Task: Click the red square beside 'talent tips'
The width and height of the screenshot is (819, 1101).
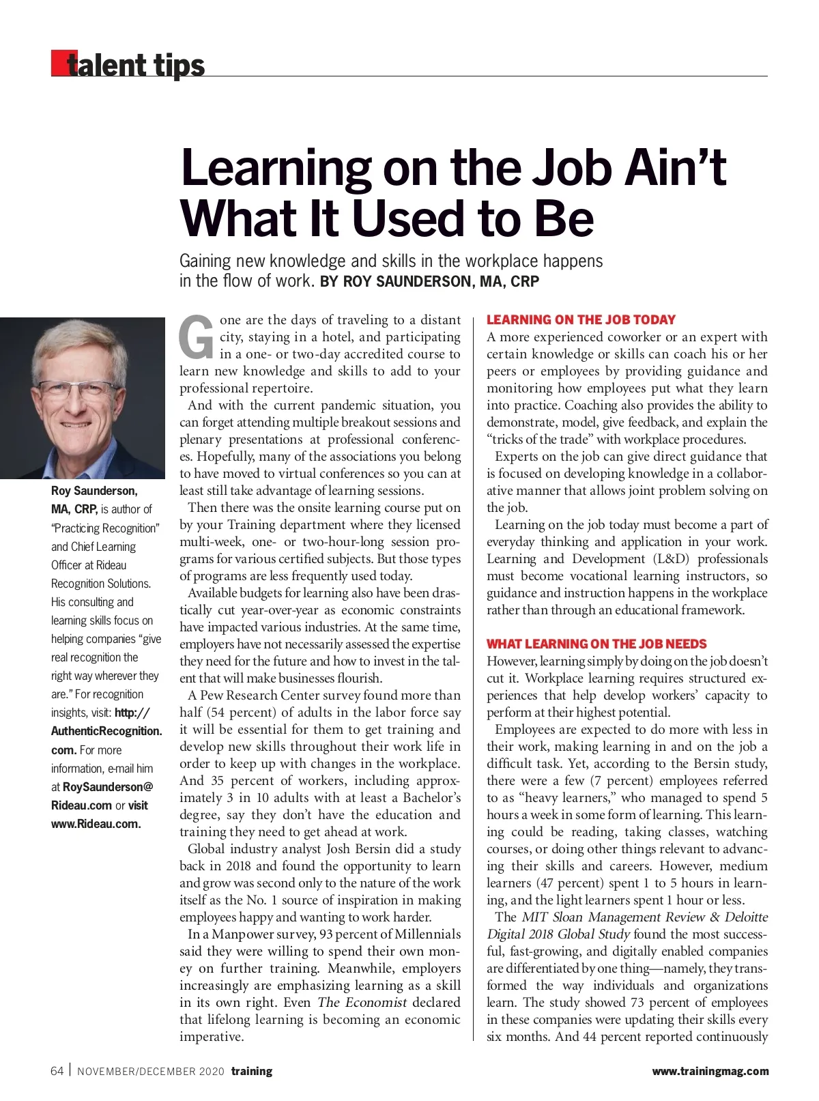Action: [x=59, y=63]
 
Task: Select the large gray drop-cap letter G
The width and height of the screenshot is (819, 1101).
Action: [x=197, y=337]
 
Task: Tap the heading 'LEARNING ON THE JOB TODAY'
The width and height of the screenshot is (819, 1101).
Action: [x=581, y=319]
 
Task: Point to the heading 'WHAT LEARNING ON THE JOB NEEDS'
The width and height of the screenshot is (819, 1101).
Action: [x=597, y=644]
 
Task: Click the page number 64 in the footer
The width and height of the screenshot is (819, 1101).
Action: [x=57, y=1071]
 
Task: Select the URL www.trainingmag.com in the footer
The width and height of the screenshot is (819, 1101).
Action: [x=710, y=1071]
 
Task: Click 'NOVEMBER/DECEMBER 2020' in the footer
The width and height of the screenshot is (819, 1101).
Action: [x=150, y=1072]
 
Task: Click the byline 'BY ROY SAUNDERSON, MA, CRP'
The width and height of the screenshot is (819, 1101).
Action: [x=429, y=281]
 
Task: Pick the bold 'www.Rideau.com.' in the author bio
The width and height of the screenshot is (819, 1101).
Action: [x=96, y=824]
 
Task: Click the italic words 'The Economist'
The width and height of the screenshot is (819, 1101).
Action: [x=362, y=1003]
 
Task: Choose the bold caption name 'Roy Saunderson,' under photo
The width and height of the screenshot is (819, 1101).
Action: [x=94, y=491]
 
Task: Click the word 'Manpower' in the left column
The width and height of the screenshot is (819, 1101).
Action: [x=243, y=934]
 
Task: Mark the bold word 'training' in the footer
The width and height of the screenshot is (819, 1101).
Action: [x=251, y=1071]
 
